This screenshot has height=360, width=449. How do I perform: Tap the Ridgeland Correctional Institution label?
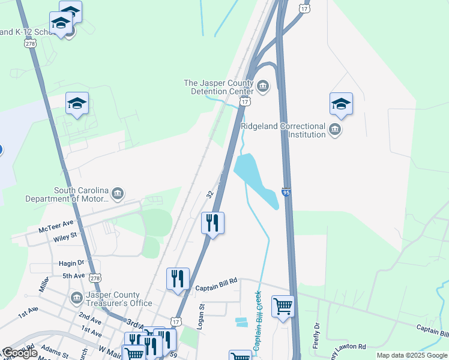click(283, 130)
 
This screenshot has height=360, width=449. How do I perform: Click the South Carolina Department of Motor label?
click(67, 194)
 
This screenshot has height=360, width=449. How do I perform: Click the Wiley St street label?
click(65, 236)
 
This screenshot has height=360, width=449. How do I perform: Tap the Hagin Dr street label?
click(71, 263)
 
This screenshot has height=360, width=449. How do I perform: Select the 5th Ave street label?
click(74, 276)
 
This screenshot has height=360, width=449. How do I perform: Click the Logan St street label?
click(202, 316)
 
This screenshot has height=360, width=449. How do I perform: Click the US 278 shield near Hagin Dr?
click(95, 278)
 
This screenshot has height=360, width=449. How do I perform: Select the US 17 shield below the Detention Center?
click(244, 102)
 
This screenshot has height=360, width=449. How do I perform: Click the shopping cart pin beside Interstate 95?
click(283, 307)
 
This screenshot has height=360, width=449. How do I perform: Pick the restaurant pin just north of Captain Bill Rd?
click(178, 279)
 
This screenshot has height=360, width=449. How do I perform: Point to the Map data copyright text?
click(412, 355)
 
